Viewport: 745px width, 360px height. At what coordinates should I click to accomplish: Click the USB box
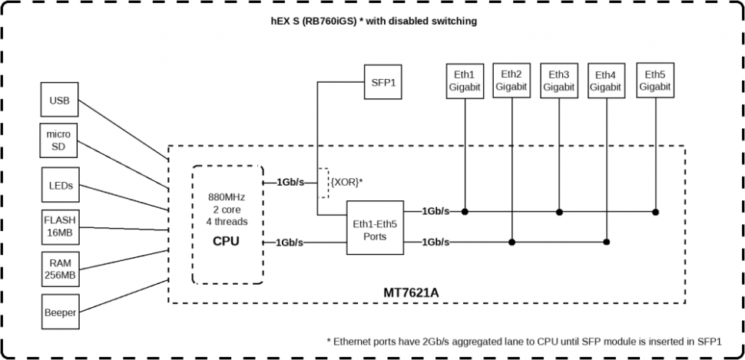pyautogui.click(x=59, y=101)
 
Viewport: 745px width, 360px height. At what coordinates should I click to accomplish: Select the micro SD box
pyautogui.click(x=59, y=140)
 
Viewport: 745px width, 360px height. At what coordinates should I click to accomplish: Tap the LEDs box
pyautogui.click(x=59, y=186)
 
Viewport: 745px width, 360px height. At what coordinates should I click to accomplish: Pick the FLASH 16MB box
pyautogui.click(x=59, y=227)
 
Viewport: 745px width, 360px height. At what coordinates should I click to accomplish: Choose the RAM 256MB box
pyautogui.click(x=59, y=269)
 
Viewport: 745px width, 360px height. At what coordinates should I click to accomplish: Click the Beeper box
pyautogui.click(x=59, y=312)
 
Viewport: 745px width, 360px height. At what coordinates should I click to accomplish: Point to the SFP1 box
pyautogui.click(x=382, y=81)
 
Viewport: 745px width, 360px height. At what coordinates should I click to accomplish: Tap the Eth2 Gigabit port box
pyautogui.click(x=512, y=81)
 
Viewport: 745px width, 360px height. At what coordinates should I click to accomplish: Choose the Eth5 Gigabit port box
pyautogui.click(x=655, y=81)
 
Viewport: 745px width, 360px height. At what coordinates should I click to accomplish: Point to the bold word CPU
pyautogui.click(x=227, y=241)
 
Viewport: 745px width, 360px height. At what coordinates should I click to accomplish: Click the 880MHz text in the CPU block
pyautogui.click(x=227, y=197)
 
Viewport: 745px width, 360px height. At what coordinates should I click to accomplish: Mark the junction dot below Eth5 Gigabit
pyautogui.click(x=655, y=211)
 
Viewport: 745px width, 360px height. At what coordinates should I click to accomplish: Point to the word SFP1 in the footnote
pyautogui.click(x=710, y=340)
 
